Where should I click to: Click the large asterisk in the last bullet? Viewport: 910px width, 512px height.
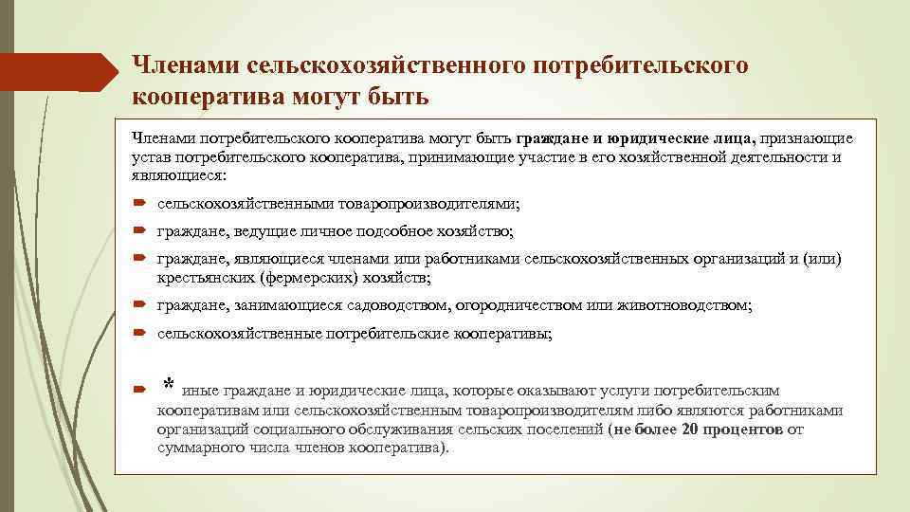point(168,385)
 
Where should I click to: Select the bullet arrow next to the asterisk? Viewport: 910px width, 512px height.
point(138,389)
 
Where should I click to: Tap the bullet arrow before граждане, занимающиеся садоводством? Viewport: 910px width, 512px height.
point(138,305)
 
